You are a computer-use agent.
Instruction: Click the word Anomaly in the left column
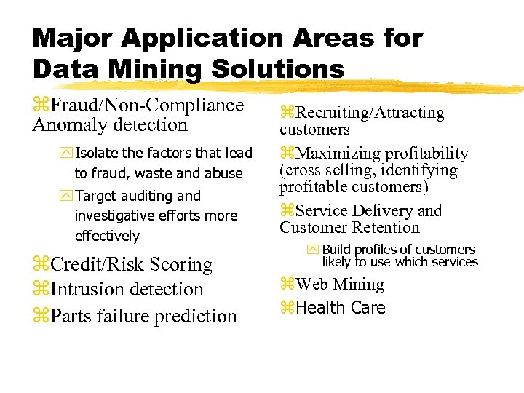click(67, 124)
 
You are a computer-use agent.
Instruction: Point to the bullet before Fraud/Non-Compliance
click(41, 106)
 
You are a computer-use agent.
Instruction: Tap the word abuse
click(225, 174)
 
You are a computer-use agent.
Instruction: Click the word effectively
click(107, 236)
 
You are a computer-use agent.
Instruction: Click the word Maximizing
click(341, 154)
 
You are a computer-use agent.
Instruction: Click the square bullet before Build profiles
click(313, 250)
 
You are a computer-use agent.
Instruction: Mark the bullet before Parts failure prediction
click(41, 317)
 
